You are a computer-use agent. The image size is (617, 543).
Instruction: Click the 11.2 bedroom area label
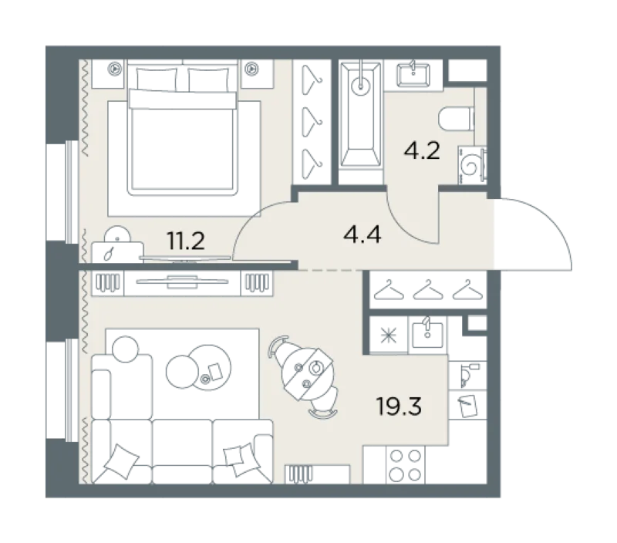(185, 241)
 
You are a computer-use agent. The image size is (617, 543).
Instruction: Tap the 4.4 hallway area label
(362, 235)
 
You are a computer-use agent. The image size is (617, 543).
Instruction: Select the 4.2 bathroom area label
(421, 150)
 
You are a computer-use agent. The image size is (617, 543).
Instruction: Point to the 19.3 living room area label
(399, 406)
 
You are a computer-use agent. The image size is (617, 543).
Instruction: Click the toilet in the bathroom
(456, 119)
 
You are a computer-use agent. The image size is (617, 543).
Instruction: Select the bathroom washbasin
(413, 74)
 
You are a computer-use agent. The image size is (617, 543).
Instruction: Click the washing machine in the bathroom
(472, 165)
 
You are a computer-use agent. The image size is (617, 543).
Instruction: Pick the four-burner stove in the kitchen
(406, 465)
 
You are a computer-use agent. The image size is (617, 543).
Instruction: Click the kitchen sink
(427, 334)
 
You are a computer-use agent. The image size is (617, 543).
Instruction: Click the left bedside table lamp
(115, 69)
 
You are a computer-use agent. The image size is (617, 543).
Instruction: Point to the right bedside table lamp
(251, 69)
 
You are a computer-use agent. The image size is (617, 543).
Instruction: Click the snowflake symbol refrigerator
(389, 335)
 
